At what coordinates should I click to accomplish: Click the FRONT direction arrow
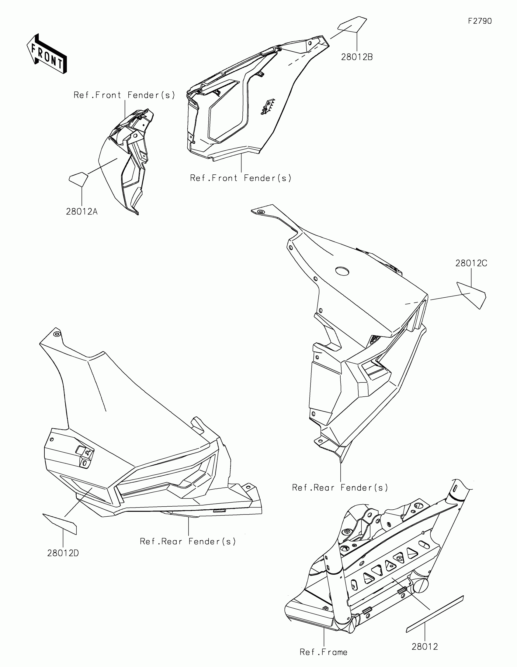click(47, 53)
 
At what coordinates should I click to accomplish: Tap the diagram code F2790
click(480, 21)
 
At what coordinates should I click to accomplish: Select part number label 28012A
click(82, 211)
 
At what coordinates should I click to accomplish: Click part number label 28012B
click(357, 57)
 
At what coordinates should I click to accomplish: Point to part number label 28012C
click(471, 263)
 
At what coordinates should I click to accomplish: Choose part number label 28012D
click(63, 553)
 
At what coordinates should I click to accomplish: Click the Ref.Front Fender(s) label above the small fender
click(124, 95)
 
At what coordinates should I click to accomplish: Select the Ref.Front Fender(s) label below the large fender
click(241, 178)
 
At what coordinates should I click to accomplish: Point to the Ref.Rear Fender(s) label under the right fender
click(340, 488)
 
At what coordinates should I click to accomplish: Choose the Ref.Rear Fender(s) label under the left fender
click(188, 542)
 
